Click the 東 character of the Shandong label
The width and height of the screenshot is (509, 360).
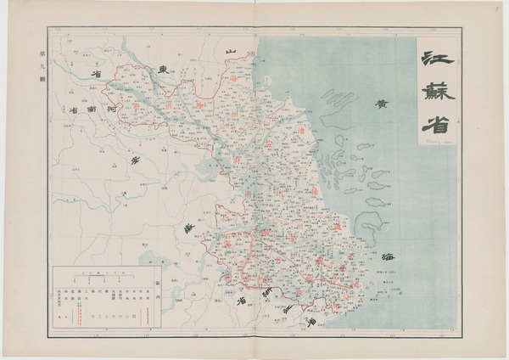(164, 68)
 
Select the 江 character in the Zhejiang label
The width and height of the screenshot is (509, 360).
(312, 322)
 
